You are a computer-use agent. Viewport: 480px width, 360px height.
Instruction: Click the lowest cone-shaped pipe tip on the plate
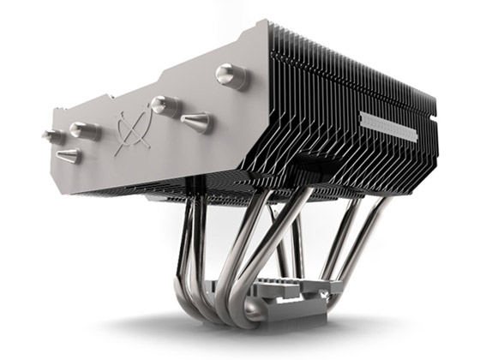click(69, 155)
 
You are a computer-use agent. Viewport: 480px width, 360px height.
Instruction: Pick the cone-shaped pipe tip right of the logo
click(195, 123)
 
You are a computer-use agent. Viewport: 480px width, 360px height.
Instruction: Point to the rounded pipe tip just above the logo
click(160, 105)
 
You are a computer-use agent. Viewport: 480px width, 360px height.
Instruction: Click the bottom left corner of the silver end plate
click(73, 183)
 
